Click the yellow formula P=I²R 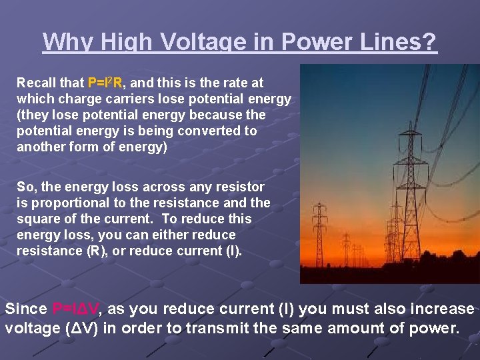(x=105, y=83)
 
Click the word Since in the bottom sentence (x=25, y=309)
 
